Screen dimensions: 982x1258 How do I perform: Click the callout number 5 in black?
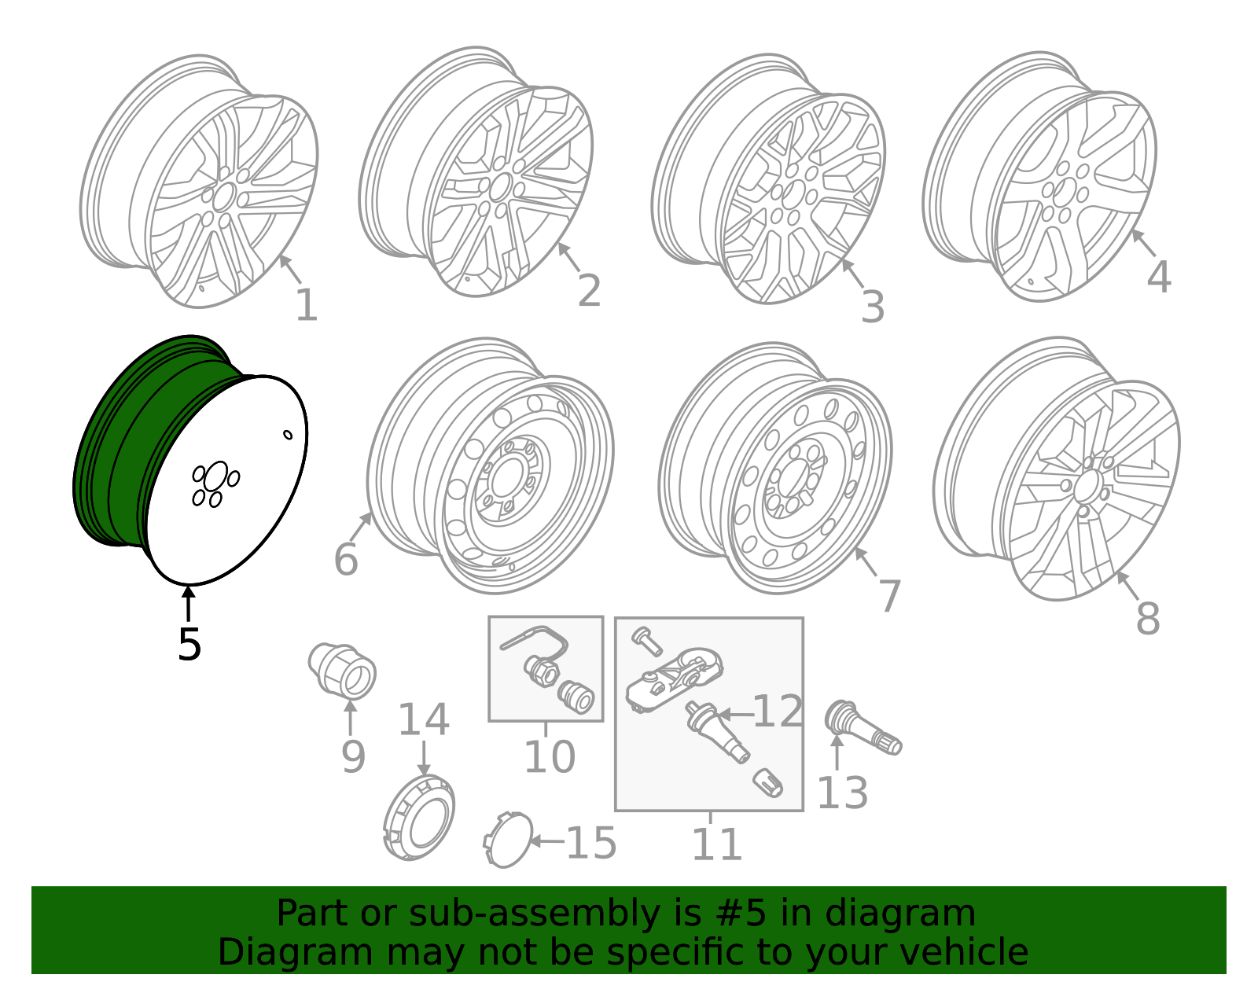189,645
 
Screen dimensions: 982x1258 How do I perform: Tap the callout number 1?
306,306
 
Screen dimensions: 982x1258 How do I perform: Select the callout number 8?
1147,620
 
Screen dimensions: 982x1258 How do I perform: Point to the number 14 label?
423,720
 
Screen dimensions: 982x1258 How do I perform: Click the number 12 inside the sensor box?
777,712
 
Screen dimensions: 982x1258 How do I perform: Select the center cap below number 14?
421,818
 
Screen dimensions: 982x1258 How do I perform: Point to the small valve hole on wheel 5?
288,434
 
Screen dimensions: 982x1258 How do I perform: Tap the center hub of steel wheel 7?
793,478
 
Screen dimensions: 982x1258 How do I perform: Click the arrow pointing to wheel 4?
1142,242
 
